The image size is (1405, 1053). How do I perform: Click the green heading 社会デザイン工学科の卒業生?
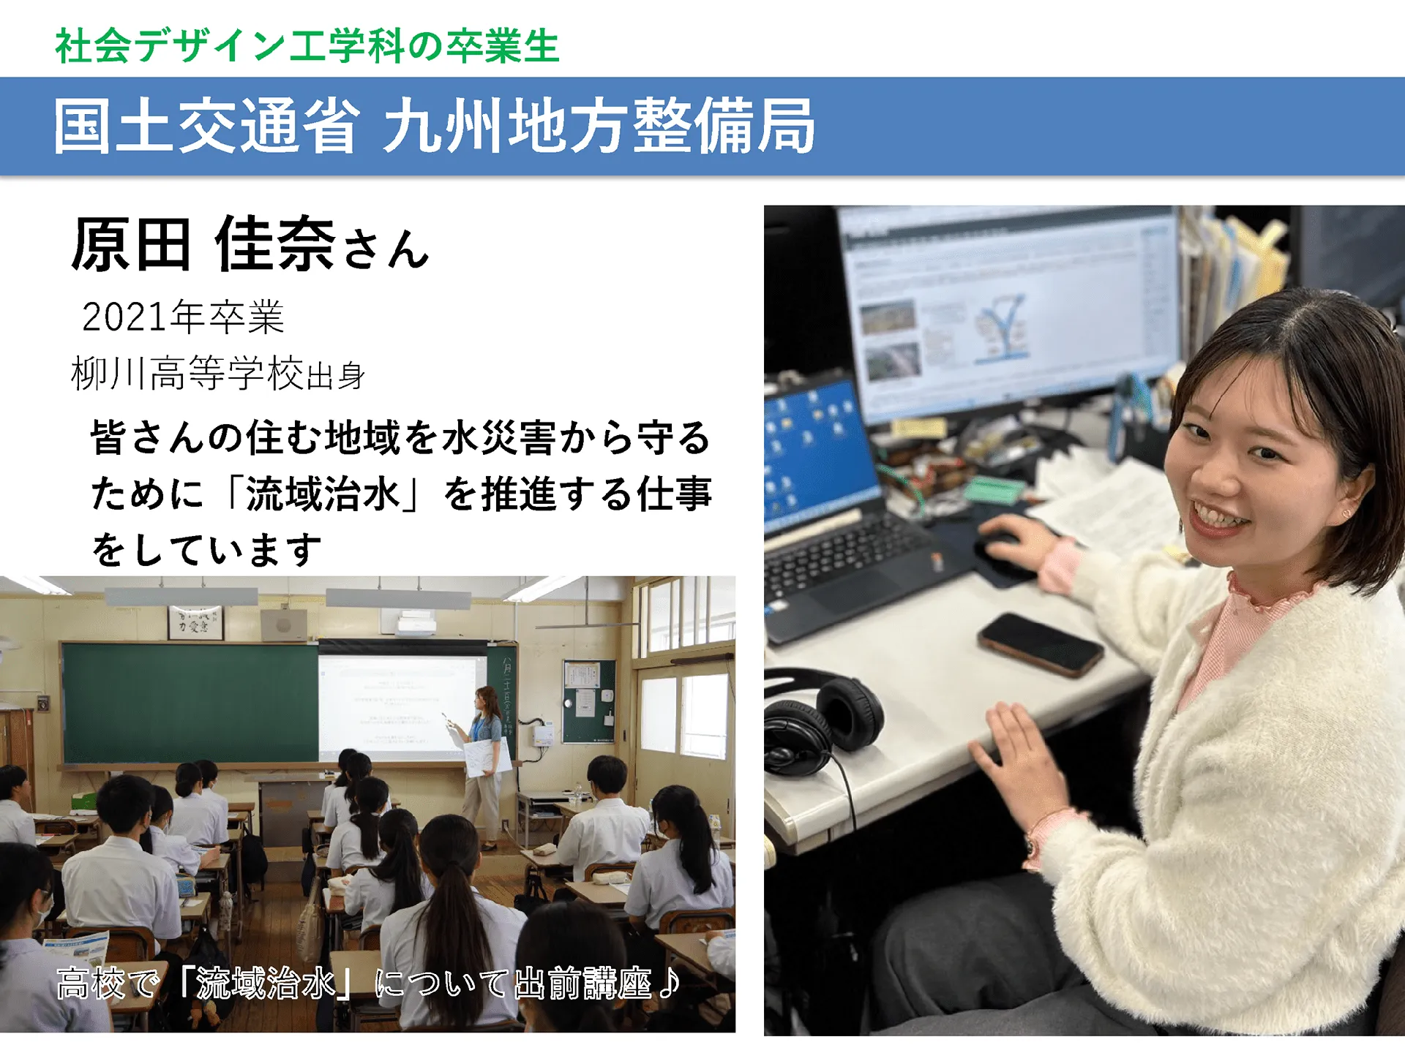(307, 45)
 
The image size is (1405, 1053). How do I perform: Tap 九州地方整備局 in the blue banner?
(599, 126)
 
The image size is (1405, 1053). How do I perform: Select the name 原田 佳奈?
(203, 244)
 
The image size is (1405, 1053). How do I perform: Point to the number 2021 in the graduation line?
(125, 317)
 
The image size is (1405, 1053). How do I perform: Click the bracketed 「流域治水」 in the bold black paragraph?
(323, 494)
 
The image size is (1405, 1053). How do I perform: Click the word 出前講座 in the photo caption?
(582, 983)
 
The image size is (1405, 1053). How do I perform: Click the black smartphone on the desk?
(1040, 643)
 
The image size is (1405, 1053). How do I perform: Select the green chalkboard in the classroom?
(190, 702)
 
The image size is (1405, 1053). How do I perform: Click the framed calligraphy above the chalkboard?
(195, 622)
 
